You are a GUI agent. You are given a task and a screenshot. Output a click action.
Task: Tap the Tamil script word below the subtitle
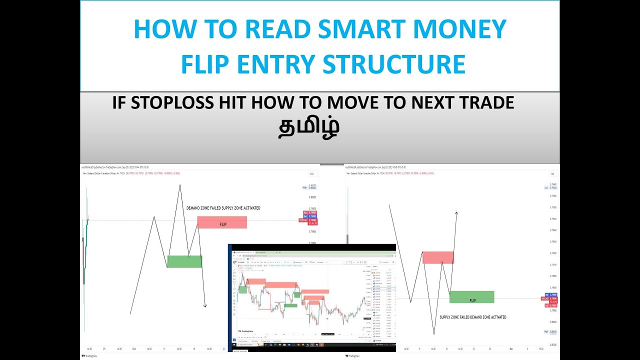(309, 126)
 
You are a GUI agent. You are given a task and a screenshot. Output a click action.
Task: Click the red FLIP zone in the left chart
(222, 222)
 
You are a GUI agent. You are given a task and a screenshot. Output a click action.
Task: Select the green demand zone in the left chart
(184, 261)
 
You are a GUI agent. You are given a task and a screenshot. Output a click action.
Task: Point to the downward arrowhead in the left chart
(205, 305)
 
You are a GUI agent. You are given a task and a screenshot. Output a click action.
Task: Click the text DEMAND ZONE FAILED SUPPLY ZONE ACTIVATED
(223, 208)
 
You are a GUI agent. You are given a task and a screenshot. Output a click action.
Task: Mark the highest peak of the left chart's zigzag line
(179, 185)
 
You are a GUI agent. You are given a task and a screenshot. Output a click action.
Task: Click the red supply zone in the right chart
(438, 257)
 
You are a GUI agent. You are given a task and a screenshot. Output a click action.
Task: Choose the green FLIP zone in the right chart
(471, 297)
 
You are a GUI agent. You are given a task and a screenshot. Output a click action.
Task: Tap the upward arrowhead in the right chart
(456, 213)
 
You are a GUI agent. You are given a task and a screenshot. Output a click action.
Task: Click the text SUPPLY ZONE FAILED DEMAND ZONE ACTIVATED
(472, 317)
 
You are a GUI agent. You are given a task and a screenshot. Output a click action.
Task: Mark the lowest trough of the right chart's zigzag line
(433, 334)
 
